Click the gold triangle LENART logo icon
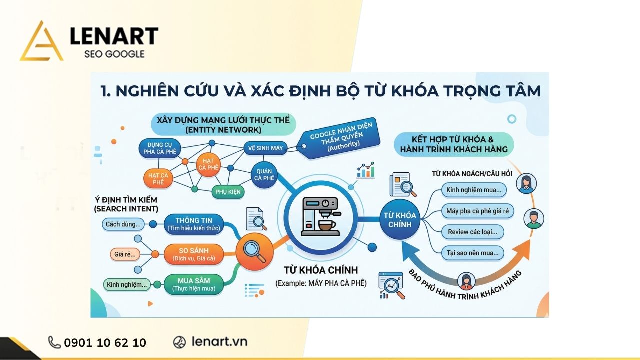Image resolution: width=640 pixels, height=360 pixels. (41, 42)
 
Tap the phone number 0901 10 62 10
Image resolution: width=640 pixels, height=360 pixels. (105, 343)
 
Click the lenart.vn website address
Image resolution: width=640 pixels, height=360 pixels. (219, 342)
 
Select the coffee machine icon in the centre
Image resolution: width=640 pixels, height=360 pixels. (320, 216)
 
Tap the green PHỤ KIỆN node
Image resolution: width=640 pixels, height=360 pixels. (227, 192)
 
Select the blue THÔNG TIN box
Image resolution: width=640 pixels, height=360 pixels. (194, 224)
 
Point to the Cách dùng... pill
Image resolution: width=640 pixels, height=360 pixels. (123, 224)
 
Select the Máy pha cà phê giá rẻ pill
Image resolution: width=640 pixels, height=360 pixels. (477, 211)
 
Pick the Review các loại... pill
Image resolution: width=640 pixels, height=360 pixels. (472, 232)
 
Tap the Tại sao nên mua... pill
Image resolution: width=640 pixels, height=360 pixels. (472, 253)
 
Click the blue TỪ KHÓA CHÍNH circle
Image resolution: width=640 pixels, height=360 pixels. (399, 220)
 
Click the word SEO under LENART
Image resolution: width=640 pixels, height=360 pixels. (95, 54)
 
